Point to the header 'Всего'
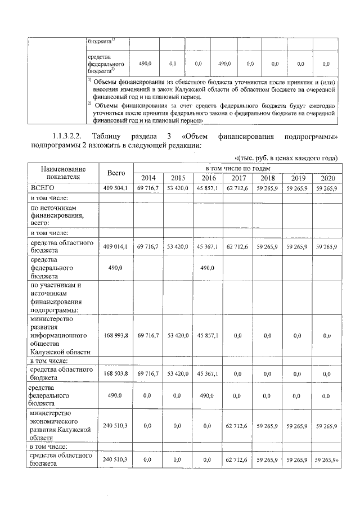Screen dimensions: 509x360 116,173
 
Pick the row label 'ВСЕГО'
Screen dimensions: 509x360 42,187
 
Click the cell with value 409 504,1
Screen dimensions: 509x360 116,187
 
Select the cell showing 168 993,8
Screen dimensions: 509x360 116,335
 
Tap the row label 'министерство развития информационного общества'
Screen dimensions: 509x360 59,335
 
